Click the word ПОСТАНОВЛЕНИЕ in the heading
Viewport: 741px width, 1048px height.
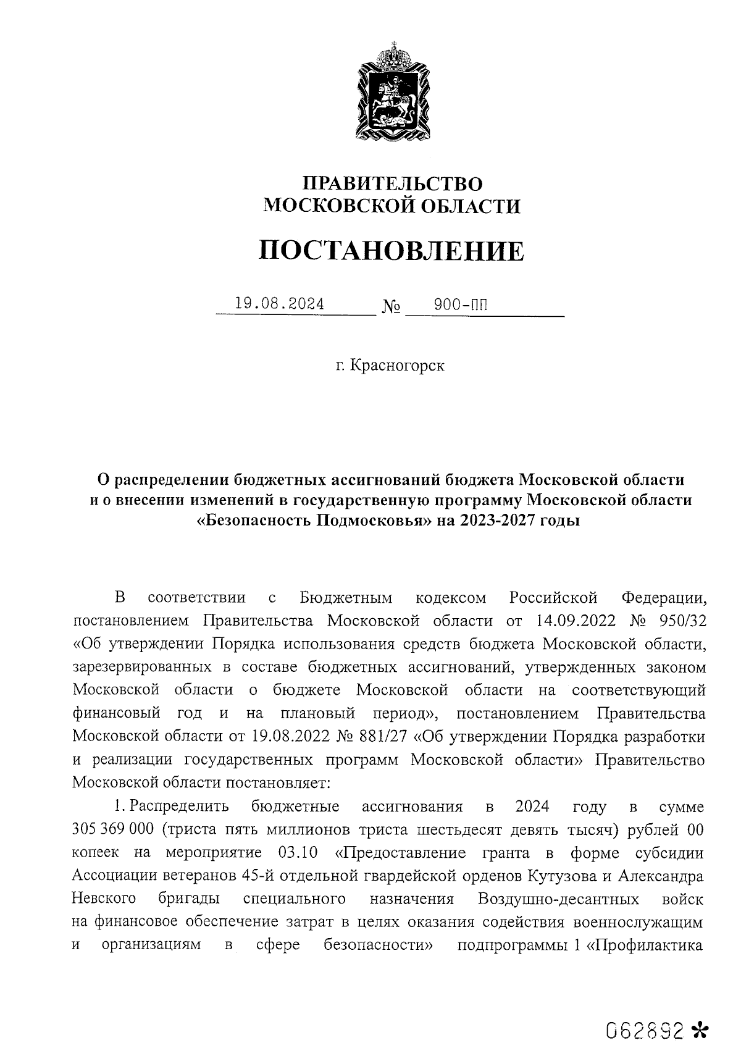390,251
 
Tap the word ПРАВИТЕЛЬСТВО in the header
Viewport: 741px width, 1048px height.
391,183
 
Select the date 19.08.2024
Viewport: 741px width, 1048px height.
279,304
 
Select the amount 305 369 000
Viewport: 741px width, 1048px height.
112,829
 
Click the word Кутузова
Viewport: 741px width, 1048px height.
563,876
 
